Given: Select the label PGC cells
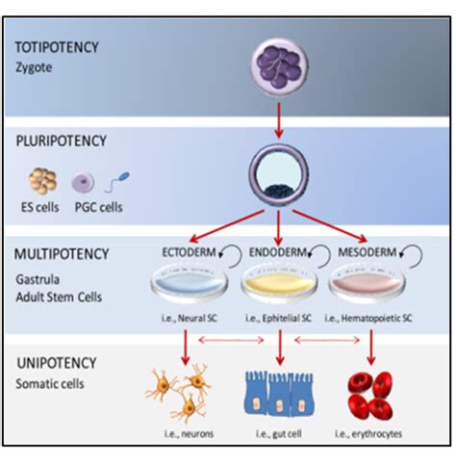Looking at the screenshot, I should pos(102,205).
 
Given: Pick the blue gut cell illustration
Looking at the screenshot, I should pos(278,394).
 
